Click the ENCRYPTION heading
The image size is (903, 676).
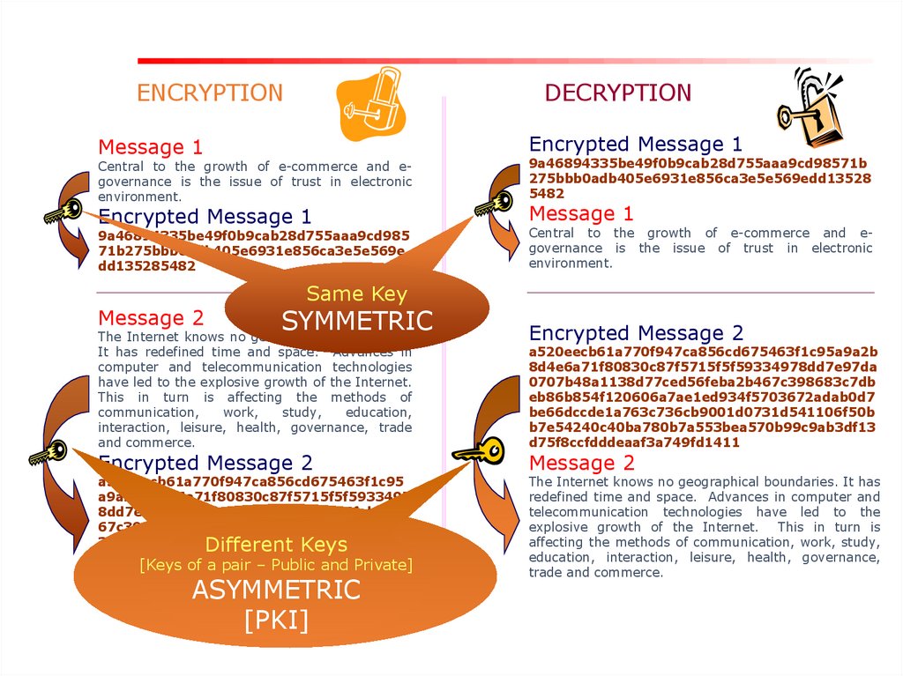[x=210, y=93]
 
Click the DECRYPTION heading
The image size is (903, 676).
[x=617, y=93]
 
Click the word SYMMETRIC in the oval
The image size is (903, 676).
[x=357, y=321]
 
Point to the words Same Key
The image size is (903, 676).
[x=356, y=293]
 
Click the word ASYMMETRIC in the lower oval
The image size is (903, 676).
[x=276, y=590]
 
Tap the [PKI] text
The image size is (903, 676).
[x=276, y=620]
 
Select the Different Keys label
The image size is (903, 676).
[x=276, y=544]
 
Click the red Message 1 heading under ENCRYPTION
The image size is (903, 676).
[x=150, y=147]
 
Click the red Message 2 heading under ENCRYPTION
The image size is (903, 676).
[x=151, y=318]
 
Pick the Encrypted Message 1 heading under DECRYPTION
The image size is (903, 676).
[x=635, y=144]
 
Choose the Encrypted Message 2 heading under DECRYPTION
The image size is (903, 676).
[x=636, y=333]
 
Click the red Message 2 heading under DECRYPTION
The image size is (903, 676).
[x=581, y=463]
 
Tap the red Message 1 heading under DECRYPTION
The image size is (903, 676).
[x=581, y=213]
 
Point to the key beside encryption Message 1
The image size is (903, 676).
[x=63, y=212]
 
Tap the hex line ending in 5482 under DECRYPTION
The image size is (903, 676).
[x=547, y=193]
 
